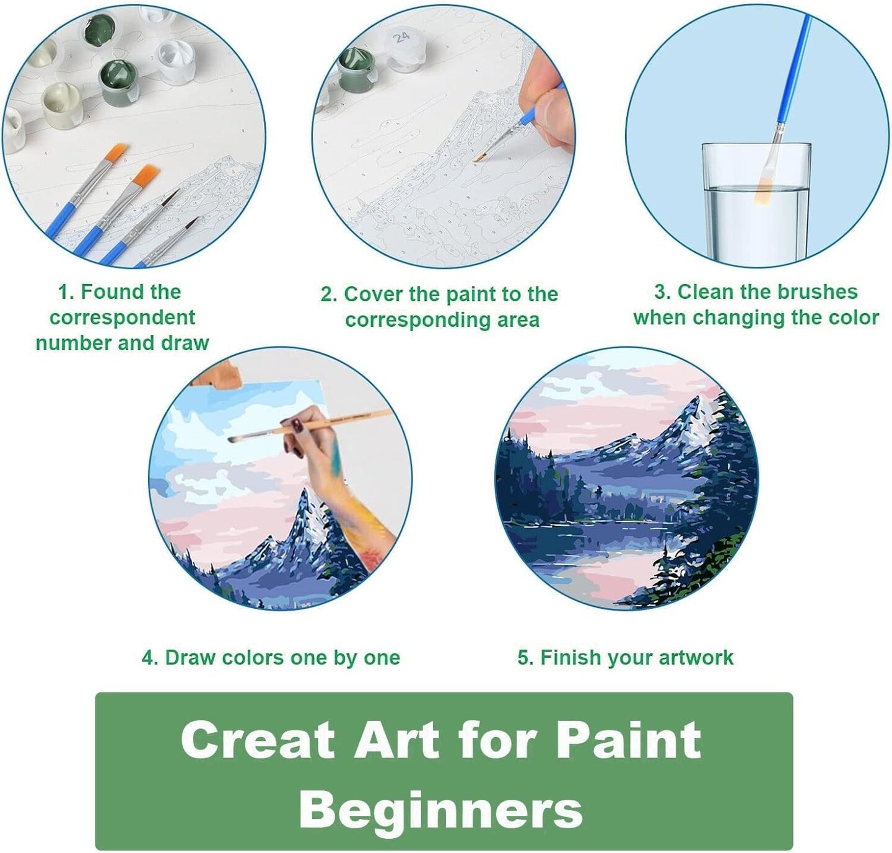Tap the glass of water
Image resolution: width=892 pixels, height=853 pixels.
click(756, 204)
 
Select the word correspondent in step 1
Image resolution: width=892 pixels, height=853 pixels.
click(123, 318)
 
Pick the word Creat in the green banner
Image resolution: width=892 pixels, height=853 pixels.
click(258, 740)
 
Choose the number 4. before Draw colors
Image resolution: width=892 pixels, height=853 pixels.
click(150, 658)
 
